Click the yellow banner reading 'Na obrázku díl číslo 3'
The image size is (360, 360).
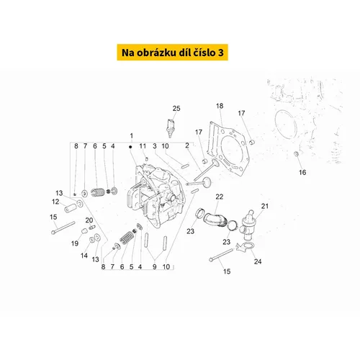tap(172, 53)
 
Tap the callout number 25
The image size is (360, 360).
tap(176, 109)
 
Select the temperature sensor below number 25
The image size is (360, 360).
tap(170, 128)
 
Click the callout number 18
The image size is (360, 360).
tap(220, 106)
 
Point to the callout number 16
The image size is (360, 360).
tap(302, 172)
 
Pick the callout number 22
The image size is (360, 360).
tap(220, 197)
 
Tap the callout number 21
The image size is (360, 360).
tap(265, 206)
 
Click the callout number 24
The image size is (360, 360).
tap(258, 261)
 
